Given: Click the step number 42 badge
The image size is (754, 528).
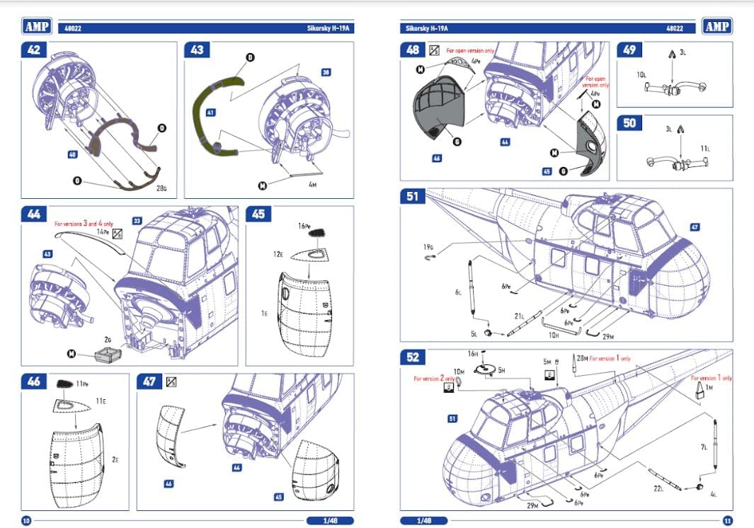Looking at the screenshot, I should click(34, 51).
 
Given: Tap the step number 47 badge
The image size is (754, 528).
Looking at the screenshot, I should click(149, 382).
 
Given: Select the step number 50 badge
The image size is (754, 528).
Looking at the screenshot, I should click(629, 123).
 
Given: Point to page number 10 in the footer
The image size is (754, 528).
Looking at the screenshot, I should click(26, 520).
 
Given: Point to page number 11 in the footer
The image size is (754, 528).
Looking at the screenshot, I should click(726, 520).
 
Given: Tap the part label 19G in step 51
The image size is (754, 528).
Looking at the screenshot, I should click(428, 246).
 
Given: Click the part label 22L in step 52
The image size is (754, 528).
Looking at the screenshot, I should click(658, 488).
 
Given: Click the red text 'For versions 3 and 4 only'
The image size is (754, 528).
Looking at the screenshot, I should click(84, 223).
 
